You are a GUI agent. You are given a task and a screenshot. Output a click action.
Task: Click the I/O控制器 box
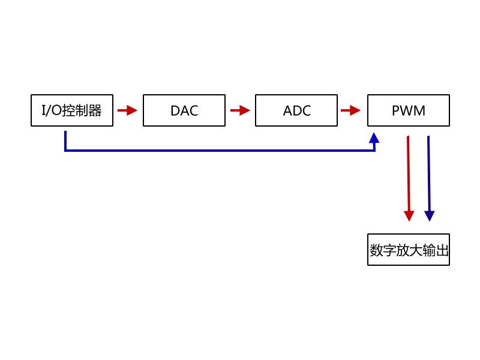click(72, 110)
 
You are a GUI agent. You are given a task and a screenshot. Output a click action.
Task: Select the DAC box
click(184, 110)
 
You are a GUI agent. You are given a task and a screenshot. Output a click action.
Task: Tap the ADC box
click(296, 110)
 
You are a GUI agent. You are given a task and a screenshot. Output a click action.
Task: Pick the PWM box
click(409, 110)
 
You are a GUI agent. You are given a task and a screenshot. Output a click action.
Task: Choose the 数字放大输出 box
click(409, 250)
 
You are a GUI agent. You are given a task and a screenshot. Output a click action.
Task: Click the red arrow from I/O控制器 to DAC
click(127, 110)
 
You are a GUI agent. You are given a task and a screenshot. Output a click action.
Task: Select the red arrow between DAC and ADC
click(239, 110)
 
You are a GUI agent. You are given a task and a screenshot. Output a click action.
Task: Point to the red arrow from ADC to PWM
click(350, 110)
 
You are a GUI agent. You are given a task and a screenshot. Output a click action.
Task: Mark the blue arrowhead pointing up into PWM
click(374, 138)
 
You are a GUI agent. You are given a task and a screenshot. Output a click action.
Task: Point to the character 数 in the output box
click(377, 250)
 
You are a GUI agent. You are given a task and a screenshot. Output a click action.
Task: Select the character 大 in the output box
click(416, 250)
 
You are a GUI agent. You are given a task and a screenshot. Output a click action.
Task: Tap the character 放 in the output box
click(403, 250)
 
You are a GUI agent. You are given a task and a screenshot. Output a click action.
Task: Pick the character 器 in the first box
click(95, 110)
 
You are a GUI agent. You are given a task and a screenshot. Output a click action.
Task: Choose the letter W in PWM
click(408, 110)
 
